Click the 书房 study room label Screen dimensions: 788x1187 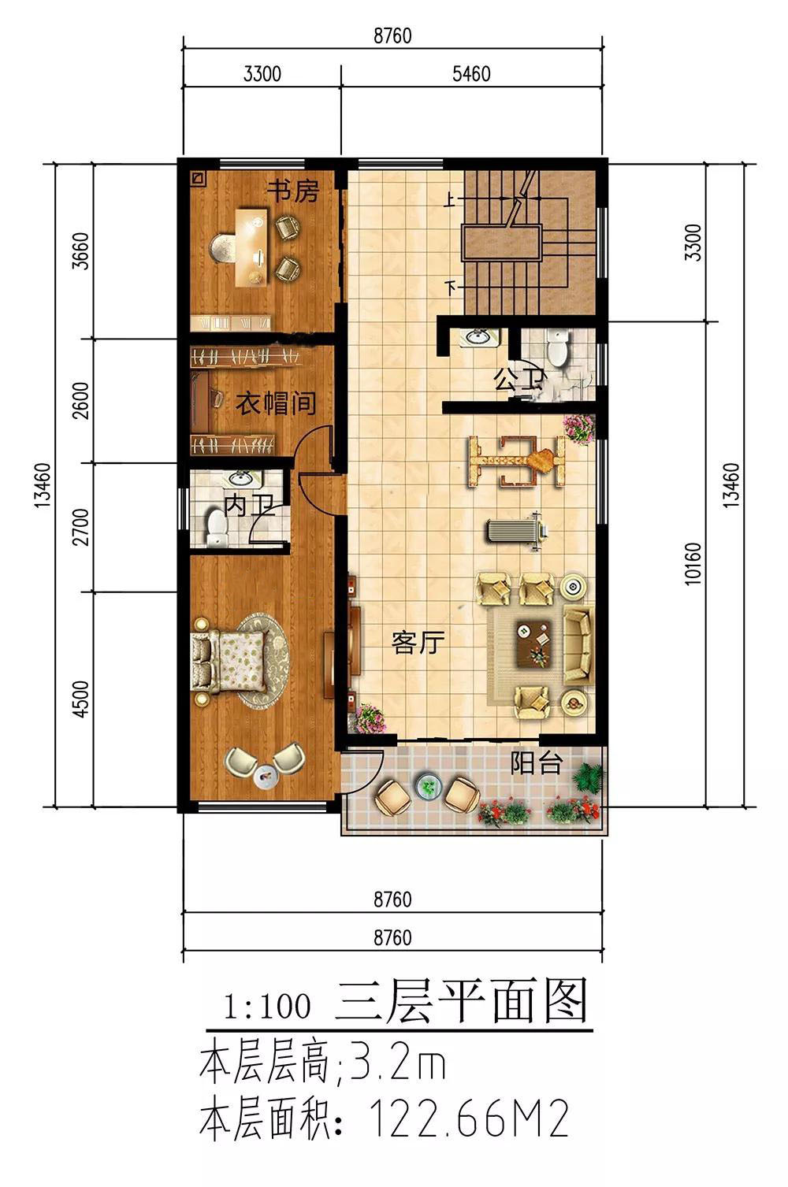click(x=293, y=191)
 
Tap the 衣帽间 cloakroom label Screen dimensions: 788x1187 click(x=276, y=404)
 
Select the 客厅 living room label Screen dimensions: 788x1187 click(x=418, y=642)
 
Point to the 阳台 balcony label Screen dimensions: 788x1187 click(x=536, y=763)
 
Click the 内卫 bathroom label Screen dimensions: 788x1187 click(x=249, y=506)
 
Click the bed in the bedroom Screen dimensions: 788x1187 click(x=229, y=662)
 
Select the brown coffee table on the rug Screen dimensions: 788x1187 click(x=534, y=644)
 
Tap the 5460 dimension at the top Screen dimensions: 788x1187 click(x=471, y=73)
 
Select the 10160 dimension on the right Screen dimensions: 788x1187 click(x=693, y=564)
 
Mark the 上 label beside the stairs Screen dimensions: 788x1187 click(x=450, y=200)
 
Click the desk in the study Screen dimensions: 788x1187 click(x=252, y=247)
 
